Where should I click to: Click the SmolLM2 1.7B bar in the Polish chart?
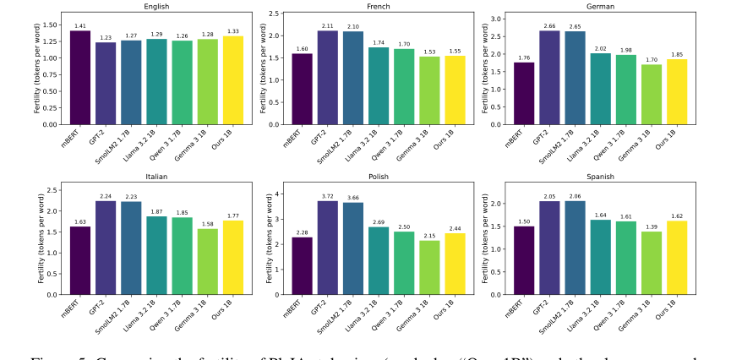(353, 248)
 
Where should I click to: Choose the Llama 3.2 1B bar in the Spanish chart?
(601, 257)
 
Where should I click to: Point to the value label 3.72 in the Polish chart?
(326, 196)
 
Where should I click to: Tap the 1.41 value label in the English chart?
(80, 26)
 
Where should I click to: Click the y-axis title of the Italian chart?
(40, 238)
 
